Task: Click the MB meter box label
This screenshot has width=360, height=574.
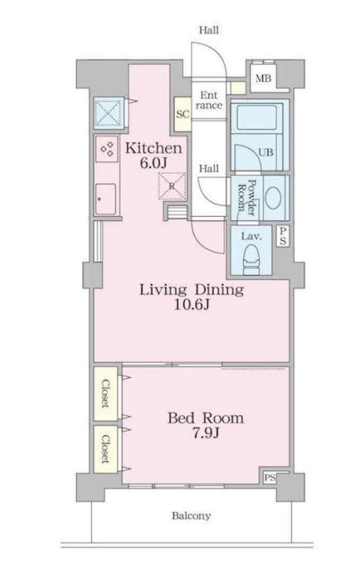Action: click(x=263, y=78)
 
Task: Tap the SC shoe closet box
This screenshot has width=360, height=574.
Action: click(x=183, y=114)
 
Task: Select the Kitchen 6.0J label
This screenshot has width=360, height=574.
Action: click(x=154, y=155)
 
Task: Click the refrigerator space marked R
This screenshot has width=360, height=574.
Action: click(x=172, y=186)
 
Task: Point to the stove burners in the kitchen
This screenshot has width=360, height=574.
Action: click(x=107, y=148)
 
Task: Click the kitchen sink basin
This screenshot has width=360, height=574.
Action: click(x=106, y=199)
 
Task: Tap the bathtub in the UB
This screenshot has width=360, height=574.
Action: click(x=257, y=118)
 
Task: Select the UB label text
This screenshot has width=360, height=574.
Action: click(x=266, y=152)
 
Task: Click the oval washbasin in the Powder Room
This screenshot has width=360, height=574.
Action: click(x=273, y=198)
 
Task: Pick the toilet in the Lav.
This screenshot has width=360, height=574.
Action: click(x=252, y=259)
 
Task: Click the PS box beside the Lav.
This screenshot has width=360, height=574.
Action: click(x=283, y=236)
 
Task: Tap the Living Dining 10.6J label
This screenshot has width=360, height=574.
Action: click(x=191, y=297)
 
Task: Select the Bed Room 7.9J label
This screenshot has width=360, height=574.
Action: click(x=205, y=425)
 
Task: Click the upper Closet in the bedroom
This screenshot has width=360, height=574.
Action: click(x=105, y=393)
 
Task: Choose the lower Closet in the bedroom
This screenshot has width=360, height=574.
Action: click(x=105, y=449)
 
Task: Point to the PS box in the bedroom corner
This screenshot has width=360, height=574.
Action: click(x=270, y=478)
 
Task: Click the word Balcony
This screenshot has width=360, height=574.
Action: click(x=191, y=516)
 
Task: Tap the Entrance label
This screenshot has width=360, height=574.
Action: click(x=209, y=100)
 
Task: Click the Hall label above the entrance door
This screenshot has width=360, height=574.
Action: click(x=209, y=30)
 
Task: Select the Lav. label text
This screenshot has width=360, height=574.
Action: click(x=252, y=236)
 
